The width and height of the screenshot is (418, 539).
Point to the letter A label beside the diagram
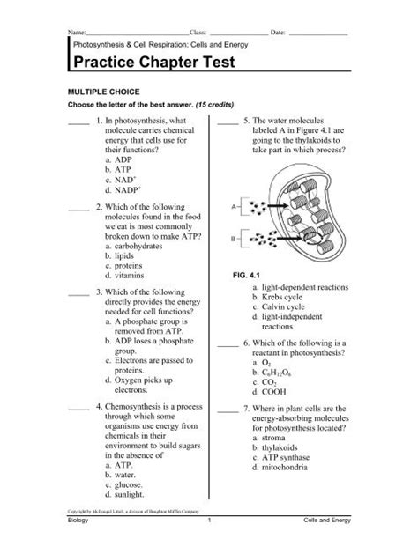click(x=234, y=207)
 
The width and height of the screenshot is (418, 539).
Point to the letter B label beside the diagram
click(x=234, y=239)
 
